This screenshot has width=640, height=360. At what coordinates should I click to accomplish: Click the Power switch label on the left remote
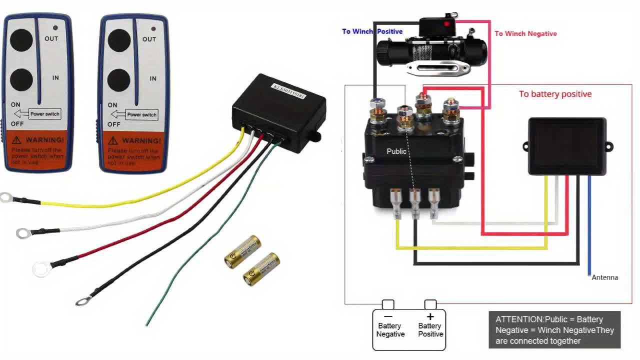point(44,114)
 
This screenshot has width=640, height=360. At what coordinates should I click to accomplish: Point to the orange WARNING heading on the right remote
point(141,140)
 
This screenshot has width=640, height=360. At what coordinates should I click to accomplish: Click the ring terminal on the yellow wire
point(6,197)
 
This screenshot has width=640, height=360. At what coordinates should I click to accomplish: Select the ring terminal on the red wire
point(41,269)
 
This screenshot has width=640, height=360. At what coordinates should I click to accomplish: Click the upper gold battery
point(243,251)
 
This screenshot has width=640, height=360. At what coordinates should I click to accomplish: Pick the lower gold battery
point(261,269)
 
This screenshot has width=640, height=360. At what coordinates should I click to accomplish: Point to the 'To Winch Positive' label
point(372,31)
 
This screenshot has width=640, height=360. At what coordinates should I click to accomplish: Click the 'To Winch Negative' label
point(525,33)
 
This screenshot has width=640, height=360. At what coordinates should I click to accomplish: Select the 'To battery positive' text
point(555,94)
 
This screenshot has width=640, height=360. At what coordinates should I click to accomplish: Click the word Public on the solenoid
point(396,151)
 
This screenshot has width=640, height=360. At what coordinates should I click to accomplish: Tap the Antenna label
point(604,277)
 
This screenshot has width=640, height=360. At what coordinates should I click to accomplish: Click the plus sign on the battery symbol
point(429,316)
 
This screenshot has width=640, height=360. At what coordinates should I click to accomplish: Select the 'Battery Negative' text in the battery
point(390,330)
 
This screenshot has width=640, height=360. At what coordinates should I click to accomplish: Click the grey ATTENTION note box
point(554,330)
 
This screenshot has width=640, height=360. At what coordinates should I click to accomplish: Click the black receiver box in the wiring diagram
point(567,146)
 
